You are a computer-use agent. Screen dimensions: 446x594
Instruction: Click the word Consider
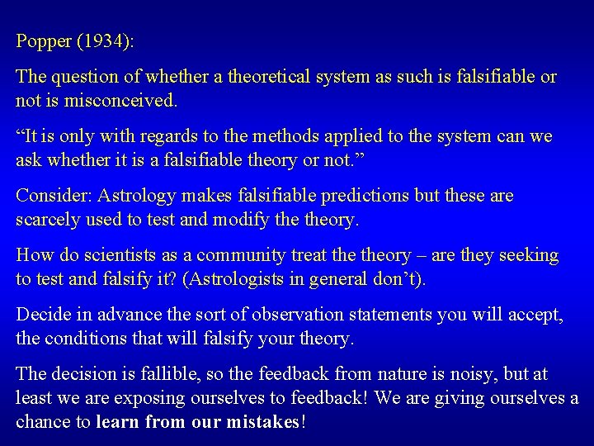(52, 197)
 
